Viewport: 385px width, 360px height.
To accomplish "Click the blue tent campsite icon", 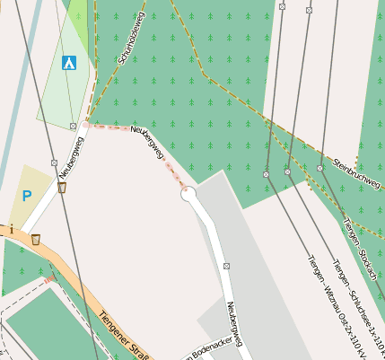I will tap(69, 63).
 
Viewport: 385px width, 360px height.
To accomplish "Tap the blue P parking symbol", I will tap(27, 195).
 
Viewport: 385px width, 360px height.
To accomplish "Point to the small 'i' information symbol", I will tap(11, 230).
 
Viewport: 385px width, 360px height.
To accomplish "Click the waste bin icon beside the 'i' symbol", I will tap(35, 239).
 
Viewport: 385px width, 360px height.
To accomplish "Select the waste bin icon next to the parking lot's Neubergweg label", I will tap(63, 187).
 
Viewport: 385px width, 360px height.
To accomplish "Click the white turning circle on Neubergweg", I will tap(188, 195).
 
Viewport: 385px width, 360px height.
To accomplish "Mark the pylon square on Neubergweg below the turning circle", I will tap(226, 266).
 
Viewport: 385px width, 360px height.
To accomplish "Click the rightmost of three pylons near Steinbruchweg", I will tap(319, 168).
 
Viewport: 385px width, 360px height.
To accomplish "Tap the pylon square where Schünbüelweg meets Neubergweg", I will tap(73, 127).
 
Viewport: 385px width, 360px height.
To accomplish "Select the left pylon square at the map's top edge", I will tap(282, 6).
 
